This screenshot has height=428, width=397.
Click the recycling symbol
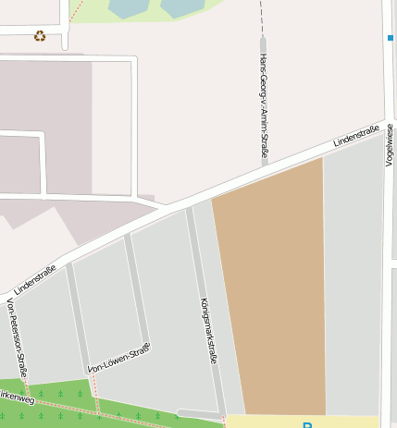[40, 36]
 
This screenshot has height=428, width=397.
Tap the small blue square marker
[391, 38]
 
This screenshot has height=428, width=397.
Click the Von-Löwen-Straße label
[118, 359]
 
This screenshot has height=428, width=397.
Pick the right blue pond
[180, 6]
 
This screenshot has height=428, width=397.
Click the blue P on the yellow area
[307, 424]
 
